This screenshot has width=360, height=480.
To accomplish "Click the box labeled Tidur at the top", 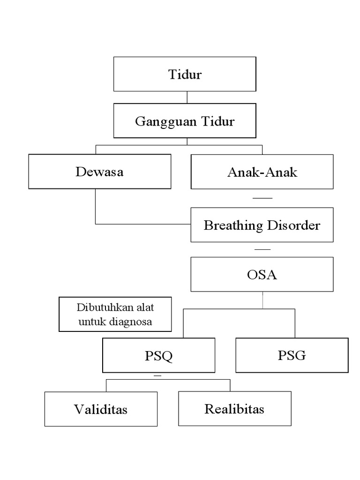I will (x=185, y=74).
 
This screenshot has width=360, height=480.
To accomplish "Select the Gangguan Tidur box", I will (x=185, y=121).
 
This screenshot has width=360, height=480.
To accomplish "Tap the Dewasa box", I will (x=99, y=172).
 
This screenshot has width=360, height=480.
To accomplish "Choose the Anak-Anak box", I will (x=262, y=172).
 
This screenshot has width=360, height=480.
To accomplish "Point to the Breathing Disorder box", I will (x=262, y=225).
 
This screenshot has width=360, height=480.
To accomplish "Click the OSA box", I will (x=262, y=274).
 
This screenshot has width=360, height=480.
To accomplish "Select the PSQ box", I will (x=158, y=356).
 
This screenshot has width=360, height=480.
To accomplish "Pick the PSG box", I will (x=292, y=355).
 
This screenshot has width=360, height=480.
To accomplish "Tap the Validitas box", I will (x=101, y=409).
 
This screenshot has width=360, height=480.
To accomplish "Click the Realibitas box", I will (x=234, y=409).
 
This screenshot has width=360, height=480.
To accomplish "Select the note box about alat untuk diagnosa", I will (x=115, y=315).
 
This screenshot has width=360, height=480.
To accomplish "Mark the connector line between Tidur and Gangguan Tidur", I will (x=187, y=97).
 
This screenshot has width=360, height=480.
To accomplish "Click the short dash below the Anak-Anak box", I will (x=262, y=199).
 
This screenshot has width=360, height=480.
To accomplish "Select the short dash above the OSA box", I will (x=262, y=249).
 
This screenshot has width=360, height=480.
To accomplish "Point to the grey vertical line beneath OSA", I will (x=262, y=300).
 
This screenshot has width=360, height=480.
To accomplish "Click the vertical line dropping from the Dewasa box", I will (x=96, y=206).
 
